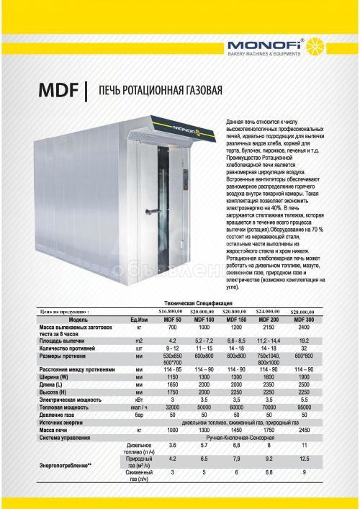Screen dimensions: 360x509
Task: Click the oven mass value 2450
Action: click(x=303, y=410)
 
